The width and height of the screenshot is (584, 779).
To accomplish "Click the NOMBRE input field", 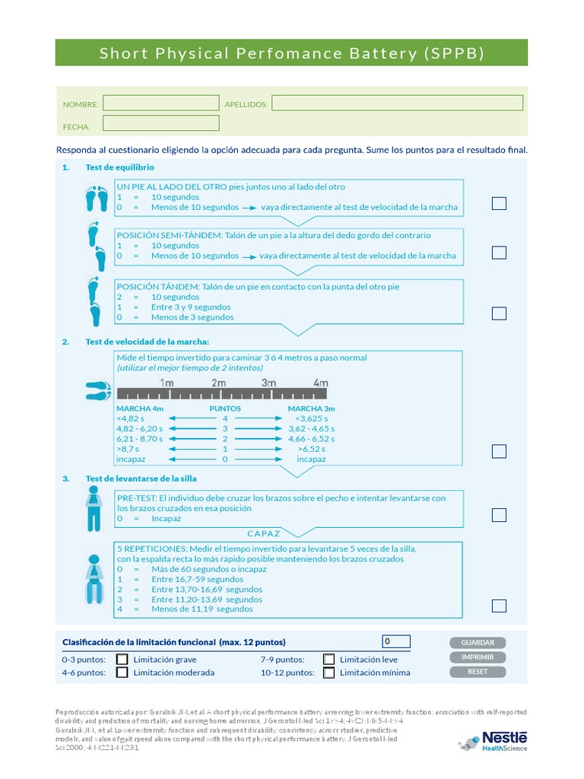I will (160, 103).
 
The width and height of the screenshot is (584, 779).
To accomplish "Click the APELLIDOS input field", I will (397, 103).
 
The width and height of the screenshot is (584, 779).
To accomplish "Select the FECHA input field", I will (160, 123).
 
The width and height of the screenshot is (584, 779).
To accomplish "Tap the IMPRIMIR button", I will (478, 657).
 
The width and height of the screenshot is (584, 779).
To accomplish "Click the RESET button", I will (478, 672).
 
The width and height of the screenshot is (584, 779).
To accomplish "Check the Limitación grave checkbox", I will (122, 660).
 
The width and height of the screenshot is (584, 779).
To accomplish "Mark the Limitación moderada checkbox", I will (122, 672).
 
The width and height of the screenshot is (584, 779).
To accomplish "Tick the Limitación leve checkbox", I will (328, 660).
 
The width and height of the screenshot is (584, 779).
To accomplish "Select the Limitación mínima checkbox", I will (328, 672).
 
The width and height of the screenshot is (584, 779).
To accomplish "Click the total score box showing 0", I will (396, 642).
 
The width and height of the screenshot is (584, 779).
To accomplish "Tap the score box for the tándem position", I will (499, 313).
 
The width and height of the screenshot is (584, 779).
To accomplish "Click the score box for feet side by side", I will (499, 203).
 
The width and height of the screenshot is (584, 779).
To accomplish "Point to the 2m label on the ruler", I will (218, 383).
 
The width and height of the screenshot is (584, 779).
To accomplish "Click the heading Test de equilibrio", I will (119, 167).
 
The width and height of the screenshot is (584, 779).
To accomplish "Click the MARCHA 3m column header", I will (311, 409).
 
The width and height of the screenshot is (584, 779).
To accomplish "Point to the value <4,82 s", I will (130, 418).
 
